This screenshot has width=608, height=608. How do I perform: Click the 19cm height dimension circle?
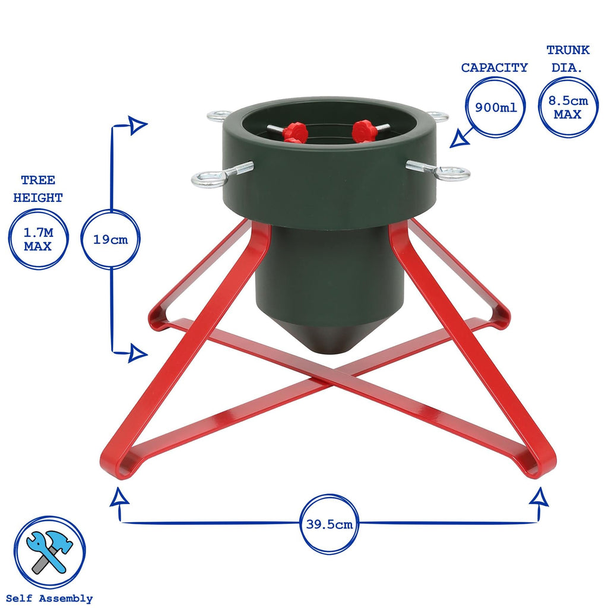110,240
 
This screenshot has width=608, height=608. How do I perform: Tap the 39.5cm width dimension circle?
329,524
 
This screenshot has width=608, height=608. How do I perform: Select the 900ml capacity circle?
495,107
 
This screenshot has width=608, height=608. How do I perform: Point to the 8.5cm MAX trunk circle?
568,107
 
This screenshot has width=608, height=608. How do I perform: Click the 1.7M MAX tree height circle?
37,239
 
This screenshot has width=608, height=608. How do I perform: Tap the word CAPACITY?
494,68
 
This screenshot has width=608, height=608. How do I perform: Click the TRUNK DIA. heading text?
568,59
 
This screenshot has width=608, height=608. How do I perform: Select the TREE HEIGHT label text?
37,189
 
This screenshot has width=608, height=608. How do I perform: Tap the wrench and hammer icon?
49,552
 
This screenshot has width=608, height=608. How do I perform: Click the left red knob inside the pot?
294,132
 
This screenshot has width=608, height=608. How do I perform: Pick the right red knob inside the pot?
364,130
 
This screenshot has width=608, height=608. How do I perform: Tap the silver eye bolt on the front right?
452,174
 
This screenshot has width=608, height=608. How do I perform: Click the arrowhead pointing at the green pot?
457,140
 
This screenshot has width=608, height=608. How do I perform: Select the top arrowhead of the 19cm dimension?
138,125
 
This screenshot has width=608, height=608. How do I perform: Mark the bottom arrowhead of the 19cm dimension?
138,354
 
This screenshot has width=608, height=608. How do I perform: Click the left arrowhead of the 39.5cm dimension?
119,497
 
